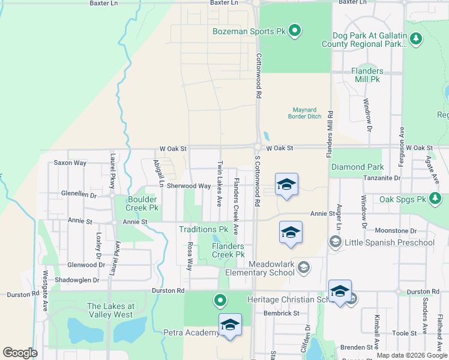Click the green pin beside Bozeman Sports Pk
click(x=295, y=29)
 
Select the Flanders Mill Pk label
click(x=367, y=75)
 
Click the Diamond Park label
click(x=357, y=167)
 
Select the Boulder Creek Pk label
click(x=142, y=203)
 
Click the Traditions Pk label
click(x=203, y=229)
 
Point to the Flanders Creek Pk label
click(x=228, y=250)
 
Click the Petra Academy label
click(x=191, y=332)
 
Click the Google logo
click(x=20, y=353)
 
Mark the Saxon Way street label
click(x=70, y=163)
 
